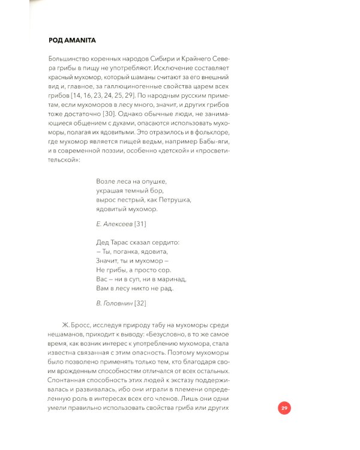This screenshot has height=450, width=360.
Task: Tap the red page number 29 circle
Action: tap(285, 409)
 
